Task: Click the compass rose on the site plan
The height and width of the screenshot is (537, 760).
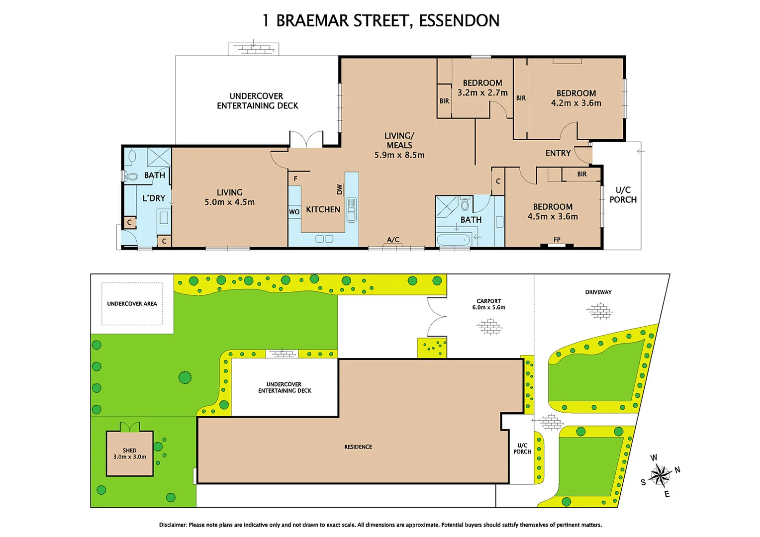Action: (660, 475)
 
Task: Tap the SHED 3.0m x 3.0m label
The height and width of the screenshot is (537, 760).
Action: (129, 453)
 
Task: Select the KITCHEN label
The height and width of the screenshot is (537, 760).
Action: (323, 209)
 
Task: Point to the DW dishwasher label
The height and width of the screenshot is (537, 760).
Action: (340, 189)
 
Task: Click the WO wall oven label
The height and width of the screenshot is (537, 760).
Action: (294, 212)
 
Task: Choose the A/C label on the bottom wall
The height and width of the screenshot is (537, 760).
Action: (393, 240)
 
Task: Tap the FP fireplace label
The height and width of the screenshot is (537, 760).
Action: (557, 240)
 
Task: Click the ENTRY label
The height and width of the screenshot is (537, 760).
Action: (558, 153)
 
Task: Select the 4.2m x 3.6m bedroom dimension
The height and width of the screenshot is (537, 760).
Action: (576, 103)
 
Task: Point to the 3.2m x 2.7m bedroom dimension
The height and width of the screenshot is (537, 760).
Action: (482, 93)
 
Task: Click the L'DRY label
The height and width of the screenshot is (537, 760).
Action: (154, 198)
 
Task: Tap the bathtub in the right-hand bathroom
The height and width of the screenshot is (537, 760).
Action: (453, 240)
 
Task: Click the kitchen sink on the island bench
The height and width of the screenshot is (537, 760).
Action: (351, 209)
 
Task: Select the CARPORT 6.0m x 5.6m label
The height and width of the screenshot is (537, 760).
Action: (488, 304)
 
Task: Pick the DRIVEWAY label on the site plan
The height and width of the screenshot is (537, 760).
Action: (598, 292)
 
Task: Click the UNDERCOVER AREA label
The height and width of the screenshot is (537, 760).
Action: (132, 304)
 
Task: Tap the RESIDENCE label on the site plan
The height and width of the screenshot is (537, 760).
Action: (358, 447)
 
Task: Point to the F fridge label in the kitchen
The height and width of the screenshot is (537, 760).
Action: (295, 179)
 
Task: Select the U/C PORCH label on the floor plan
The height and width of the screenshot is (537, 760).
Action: (623, 194)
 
